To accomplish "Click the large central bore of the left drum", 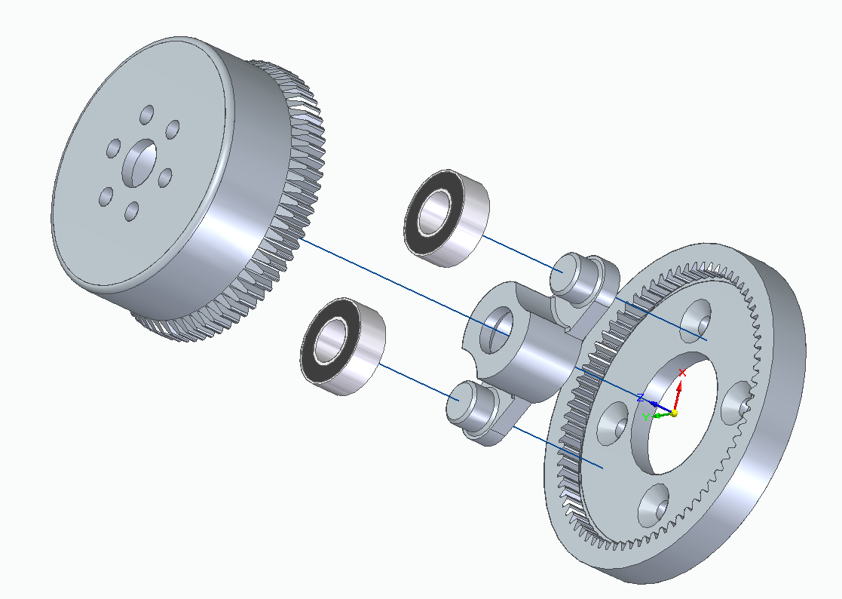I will [140, 164].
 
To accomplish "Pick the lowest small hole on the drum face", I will [132, 211].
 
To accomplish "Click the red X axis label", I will [682, 373].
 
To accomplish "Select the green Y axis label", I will [646, 416].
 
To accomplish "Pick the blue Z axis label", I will [640, 397].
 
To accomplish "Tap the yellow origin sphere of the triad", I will [674, 413].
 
